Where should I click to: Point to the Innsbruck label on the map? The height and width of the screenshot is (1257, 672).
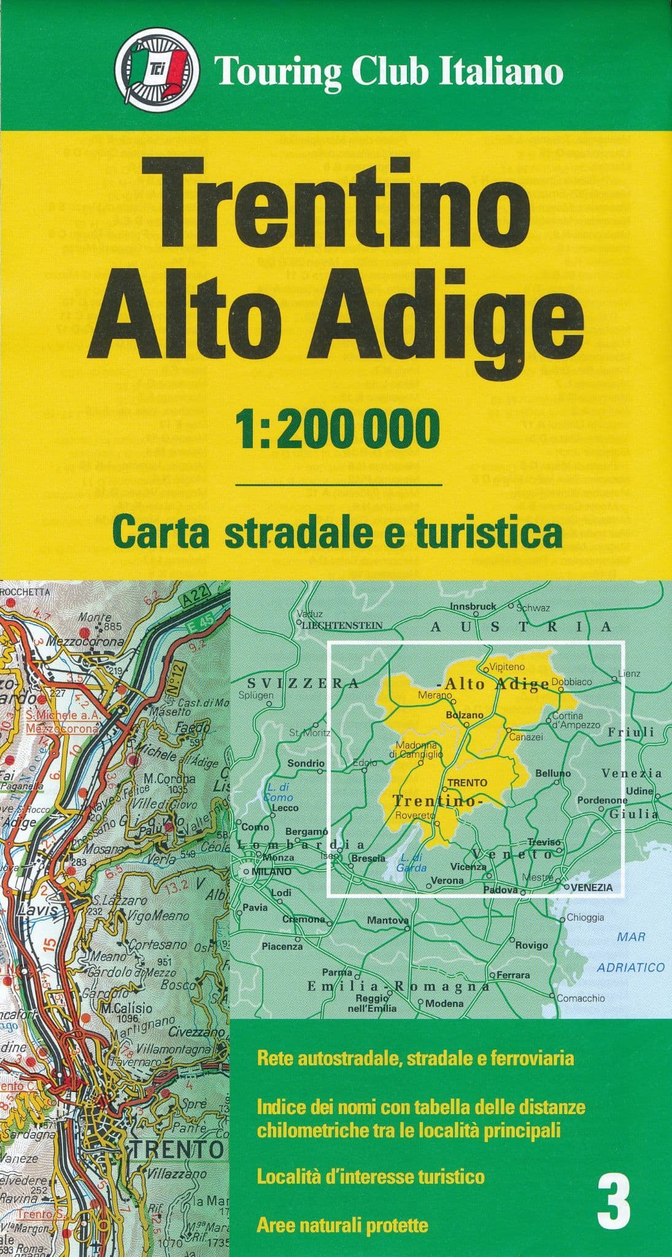point(473,606)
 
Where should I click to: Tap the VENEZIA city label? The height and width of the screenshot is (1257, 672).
point(592,887)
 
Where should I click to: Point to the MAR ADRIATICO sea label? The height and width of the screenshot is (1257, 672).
point(631,952)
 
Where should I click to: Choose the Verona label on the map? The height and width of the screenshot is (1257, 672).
point(447,880)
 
